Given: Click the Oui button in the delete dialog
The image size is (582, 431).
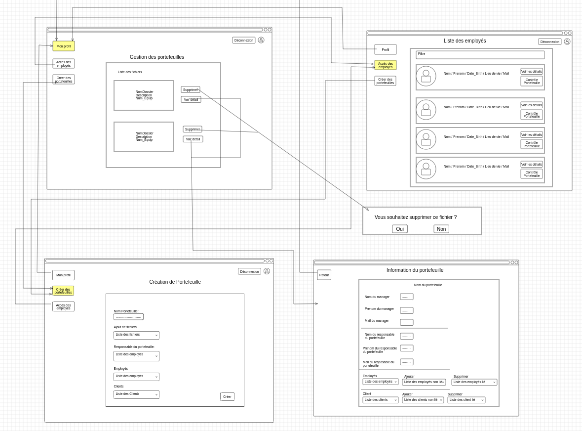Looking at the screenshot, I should (400, 229).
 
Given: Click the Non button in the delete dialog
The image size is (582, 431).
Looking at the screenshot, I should (441, 229).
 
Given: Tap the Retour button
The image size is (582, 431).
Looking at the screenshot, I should (324, 275).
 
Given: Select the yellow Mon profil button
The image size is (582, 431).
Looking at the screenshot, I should (64, 46).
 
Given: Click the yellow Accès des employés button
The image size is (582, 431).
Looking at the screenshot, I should (386, 65).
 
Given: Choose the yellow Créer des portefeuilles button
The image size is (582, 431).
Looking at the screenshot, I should (63, 291).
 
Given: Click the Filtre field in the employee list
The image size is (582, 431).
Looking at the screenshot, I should (480, 55).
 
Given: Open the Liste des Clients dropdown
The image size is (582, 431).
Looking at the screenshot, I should (136, 394).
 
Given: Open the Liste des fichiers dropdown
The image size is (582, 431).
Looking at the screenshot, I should (136, 335).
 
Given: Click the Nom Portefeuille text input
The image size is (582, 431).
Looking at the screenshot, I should (128, 317).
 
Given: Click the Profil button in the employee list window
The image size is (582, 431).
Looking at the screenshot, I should (386, 49).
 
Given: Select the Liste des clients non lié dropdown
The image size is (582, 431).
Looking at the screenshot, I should (423, 400).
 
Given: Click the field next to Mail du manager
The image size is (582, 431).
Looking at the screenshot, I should (407, 322).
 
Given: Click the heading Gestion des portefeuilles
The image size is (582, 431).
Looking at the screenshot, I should (157, 57).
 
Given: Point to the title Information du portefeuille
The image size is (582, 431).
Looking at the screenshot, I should (415, 270).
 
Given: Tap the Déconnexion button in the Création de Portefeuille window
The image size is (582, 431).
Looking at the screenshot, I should (249, 271).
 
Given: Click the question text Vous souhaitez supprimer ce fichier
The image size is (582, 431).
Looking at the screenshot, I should (416, 217).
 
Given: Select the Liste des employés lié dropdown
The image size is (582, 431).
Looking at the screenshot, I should (474, 382).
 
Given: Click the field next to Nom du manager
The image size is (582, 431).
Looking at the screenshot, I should (407, 297).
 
